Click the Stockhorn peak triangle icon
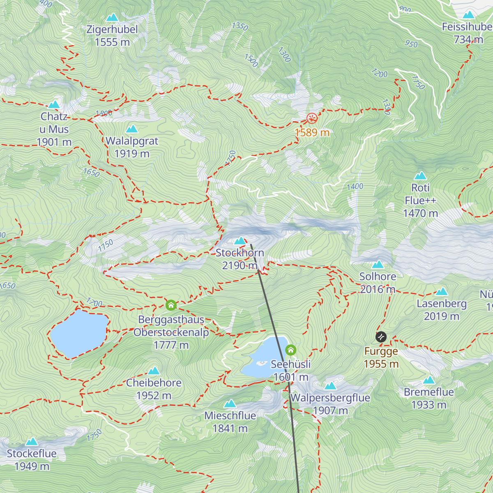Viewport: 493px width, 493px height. (x=240, y=241)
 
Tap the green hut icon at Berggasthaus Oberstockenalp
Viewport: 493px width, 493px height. (x=171, y=305)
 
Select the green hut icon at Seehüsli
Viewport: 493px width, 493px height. (x=290, y=350)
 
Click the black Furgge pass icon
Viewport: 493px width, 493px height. (x=381, y=337)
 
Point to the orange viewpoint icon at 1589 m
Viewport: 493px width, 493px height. (x=312, y=119)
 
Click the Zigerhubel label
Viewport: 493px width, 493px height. (x=112, y=30)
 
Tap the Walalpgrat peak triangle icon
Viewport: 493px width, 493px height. (x=132, y=129)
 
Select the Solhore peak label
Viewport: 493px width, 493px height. (x=378, y=276)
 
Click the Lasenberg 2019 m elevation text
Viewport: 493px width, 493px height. (x=442, y=316)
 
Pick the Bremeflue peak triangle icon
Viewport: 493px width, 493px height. (x=429, y=380)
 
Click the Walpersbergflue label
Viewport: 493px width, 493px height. (x=330, y=398)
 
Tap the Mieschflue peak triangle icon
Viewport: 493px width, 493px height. (x=230, y=404)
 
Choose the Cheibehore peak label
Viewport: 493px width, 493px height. (x=154, y=383)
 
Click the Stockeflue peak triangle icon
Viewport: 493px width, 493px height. (x=32, y=442)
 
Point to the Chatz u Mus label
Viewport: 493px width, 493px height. (x=54, y=123)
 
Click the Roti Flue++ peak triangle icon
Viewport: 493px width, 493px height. (x=420, y=176)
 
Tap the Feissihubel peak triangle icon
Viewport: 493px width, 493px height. (x=468, y=16)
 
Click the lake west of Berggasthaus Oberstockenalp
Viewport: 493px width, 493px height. (x=79, y=333)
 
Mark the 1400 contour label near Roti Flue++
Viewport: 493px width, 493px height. (x=355, y=187)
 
